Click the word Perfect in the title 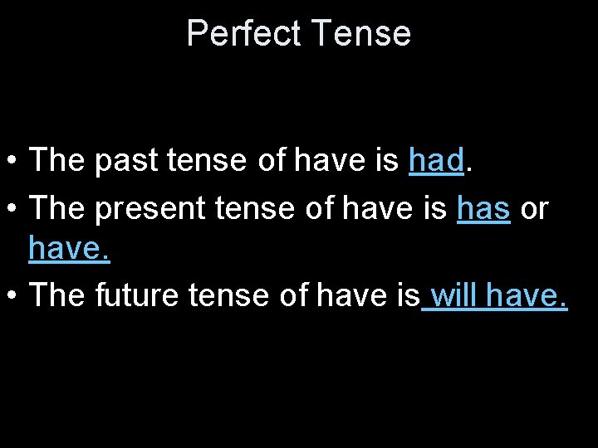(244, 34)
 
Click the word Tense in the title (363, 34)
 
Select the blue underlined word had (435, 161)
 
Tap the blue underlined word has (483, 209)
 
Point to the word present (150, 210)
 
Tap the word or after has (534, 210)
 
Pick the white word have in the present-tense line (379, 210)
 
